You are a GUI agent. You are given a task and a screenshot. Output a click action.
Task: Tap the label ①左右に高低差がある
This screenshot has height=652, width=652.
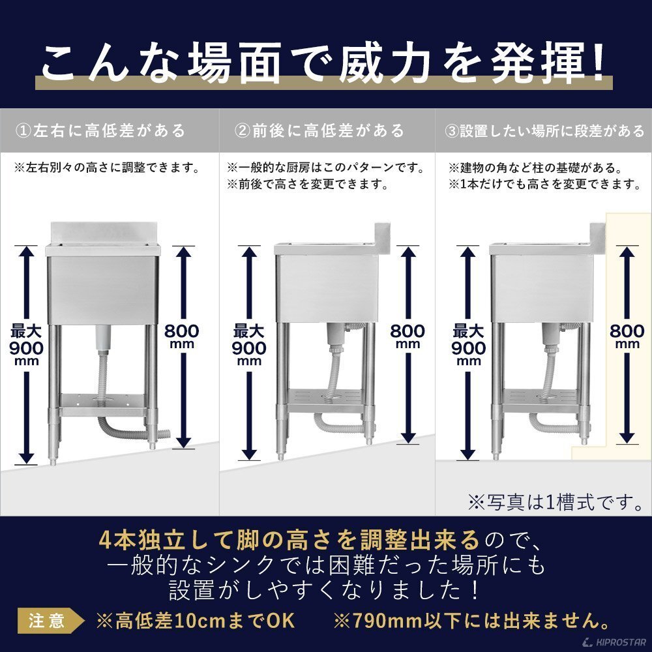click(100, 131)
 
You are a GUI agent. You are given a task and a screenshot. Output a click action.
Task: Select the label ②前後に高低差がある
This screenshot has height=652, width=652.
click(319, 131)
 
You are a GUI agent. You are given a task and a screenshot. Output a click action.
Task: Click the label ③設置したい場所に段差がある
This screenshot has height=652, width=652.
click(544, 131)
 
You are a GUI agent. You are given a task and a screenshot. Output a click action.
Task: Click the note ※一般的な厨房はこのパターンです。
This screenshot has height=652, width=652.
click(325, 168)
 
